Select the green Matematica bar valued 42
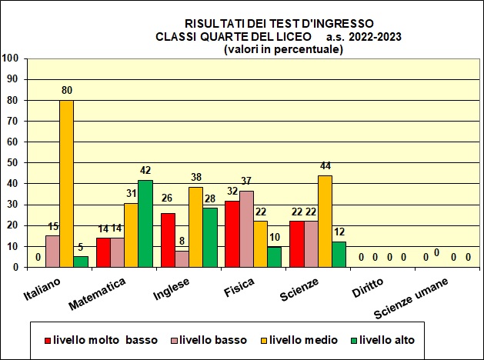145,223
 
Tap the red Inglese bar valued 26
167,239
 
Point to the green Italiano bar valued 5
81,262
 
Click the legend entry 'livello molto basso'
101,339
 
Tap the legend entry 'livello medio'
299,339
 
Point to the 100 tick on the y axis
11,58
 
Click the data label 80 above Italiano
67,91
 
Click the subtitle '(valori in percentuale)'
283,48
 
